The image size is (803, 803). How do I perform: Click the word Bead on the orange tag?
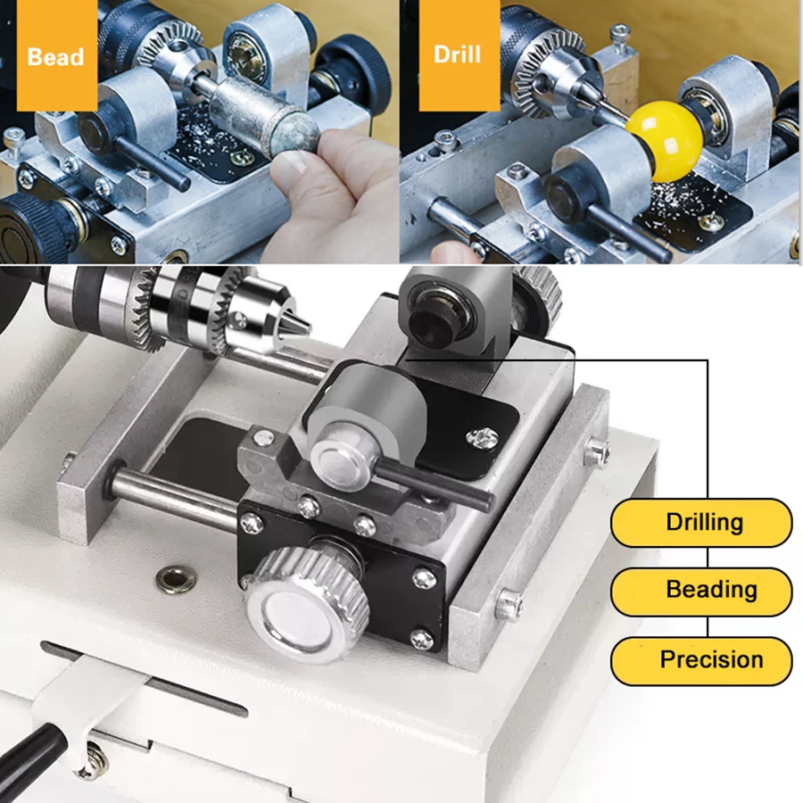(55, 57)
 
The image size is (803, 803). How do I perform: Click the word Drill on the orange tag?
(457, 54)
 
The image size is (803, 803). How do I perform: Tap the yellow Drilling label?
(701, 522)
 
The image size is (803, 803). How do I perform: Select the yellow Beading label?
(701, 590)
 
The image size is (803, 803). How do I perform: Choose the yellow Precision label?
(701, 660)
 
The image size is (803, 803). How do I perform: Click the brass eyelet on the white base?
(175, 579)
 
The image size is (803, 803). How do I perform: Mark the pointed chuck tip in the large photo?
(300, 327)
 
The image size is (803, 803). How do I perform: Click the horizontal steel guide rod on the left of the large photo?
(170, 496)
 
